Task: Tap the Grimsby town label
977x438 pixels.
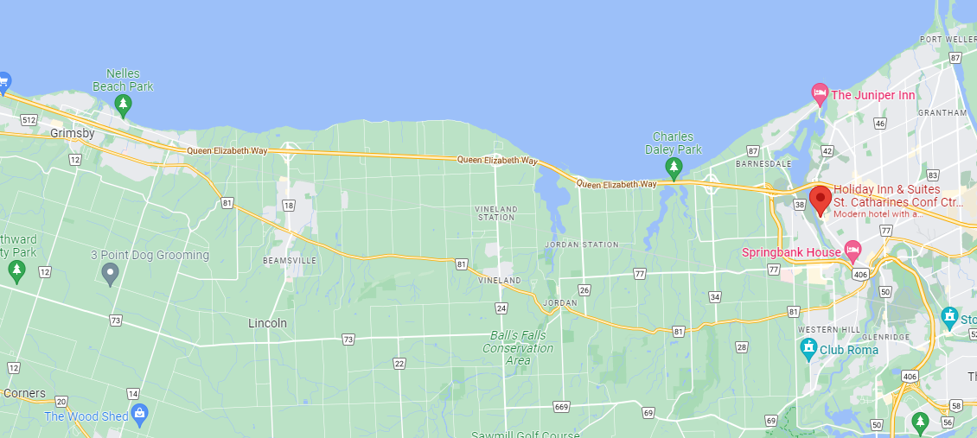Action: [72, 133]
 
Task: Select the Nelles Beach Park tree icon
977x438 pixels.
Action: [123, 105]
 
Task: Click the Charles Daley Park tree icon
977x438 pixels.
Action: [674, 165]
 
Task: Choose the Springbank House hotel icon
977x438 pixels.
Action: [853, 251]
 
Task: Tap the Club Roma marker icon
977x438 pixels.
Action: [809, 349]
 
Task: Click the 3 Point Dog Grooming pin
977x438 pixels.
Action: [110, 274]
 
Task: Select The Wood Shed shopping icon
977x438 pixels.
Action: [140, 415]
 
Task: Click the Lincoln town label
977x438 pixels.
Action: [267, 323]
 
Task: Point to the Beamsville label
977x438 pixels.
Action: [290, 260]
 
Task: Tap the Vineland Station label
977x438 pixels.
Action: [496, 213]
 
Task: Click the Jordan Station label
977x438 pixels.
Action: [582, 244]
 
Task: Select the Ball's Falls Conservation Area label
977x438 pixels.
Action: [518, 347]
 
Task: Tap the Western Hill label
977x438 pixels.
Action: [817, 330]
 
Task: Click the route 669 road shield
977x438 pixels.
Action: [562, 407]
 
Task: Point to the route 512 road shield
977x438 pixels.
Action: [29, 120]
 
